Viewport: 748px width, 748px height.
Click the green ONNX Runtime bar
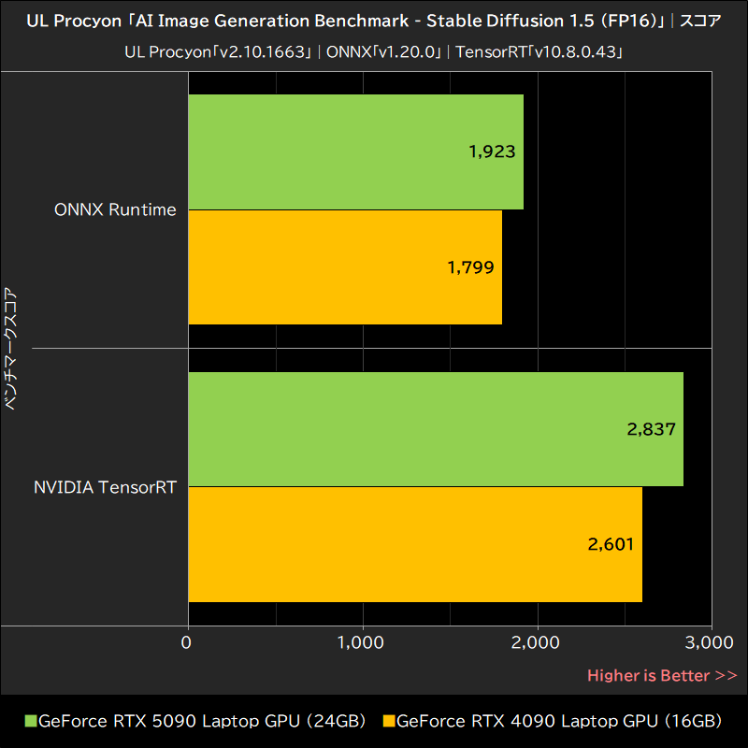pyautogui.click(x=355, y=151)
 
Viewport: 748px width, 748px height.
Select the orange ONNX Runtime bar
pyautogui.click(x=345, y=267)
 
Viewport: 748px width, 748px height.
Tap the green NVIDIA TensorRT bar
pyautogui.click(x=436, y=429)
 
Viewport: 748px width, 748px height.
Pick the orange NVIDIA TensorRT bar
pyautogui.click(x=415, y=544)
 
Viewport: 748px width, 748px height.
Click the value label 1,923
pyautogui.click(x=493, y=151)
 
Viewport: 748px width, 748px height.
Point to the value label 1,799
pyautogui.click(x=470, y=267)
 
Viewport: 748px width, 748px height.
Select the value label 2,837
pyautogui.click(x=652, y=429)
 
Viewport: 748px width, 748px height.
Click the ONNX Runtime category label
pyautogui.click(x=115, y=209)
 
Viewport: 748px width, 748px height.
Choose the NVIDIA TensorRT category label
pyautogui.click(x=105, y=487)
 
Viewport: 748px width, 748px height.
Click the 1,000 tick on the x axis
pyautogui.click(x=362, y=642)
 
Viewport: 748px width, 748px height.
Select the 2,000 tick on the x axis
pyautogui.click(x=537, y=642)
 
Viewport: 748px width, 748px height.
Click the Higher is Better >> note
pyautogui.click(x=662, y=675)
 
